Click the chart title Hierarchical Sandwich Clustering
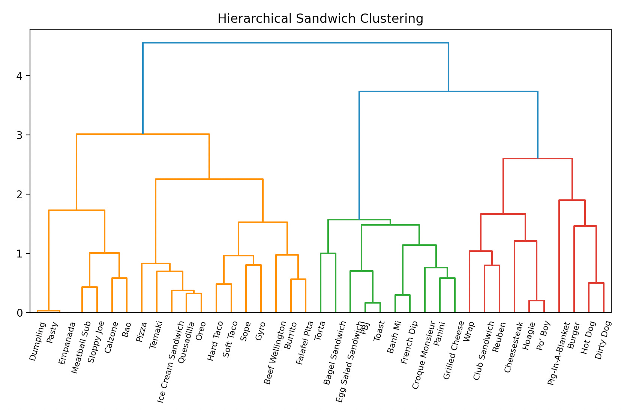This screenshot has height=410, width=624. pos(320,18)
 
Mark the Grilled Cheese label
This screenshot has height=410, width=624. pos(453,350)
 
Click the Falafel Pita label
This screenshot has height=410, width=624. pos(304,343)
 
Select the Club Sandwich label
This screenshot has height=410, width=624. pos(484,351)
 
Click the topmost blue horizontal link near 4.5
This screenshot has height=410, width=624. pos(295,43)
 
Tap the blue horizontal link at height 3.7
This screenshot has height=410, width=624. pos(448,91)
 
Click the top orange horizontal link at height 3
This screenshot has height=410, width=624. pos(143,134)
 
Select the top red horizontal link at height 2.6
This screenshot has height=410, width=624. pos(537,159)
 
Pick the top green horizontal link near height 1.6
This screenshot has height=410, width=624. pos(359,220)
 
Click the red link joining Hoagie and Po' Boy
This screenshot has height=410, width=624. pos(536,301)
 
